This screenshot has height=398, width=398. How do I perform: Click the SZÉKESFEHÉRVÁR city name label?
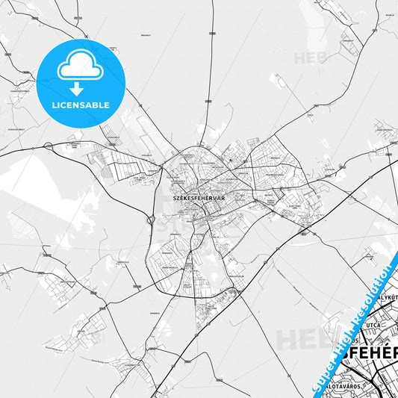point(199,199)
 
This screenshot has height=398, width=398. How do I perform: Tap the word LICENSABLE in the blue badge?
point(81,105)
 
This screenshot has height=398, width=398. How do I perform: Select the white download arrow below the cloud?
point(77,89)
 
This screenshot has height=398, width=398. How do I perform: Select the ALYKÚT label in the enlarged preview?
point(390,296)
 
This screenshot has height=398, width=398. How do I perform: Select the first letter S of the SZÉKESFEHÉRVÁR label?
point(174,199)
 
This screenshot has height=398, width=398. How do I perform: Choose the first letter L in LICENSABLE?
point(54,105)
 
